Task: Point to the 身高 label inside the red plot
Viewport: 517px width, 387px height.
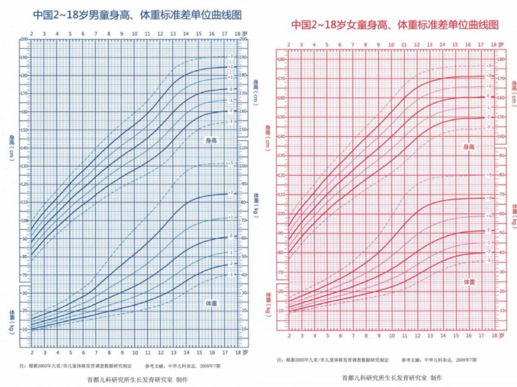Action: click(x=469, y=147)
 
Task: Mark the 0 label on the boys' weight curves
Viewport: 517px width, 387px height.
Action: click(x=231, y=236)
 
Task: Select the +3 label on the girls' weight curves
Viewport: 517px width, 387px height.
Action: click(x=488, y=174)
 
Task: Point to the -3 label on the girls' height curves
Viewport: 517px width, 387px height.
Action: click(x=488, y=127)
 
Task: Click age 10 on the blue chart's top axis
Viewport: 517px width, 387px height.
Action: click(x=134, y=34)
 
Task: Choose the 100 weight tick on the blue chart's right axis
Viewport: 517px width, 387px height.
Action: click(x=244, y=165)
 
